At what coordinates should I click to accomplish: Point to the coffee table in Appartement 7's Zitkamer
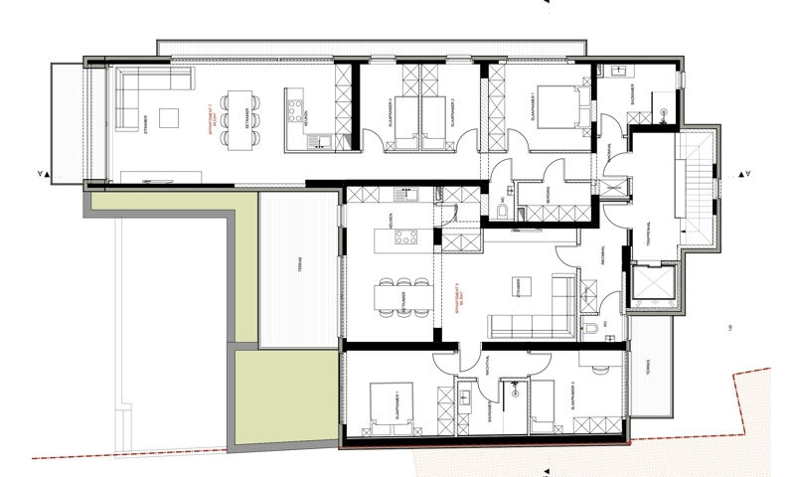click(x=170, y=117)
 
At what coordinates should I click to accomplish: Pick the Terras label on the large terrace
click(x=299, y=269)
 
